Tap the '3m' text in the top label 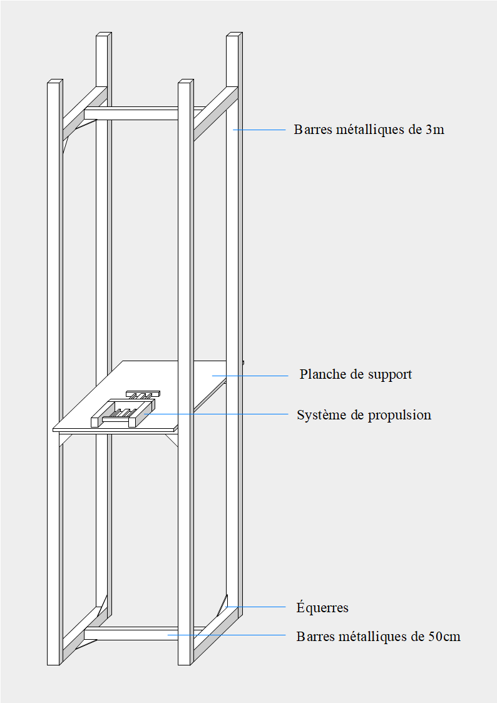point(434,130)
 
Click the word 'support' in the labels point(390,375)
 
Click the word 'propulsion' point(400,415)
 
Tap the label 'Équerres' point(322,607)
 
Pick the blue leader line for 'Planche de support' point(250,376)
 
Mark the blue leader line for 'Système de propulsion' point(216,414)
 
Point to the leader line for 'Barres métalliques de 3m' point(259,130)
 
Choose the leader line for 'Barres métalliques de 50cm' point(227,635)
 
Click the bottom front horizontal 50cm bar point(131,634)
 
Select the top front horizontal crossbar point(131,113)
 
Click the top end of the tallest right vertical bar point(234,34)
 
